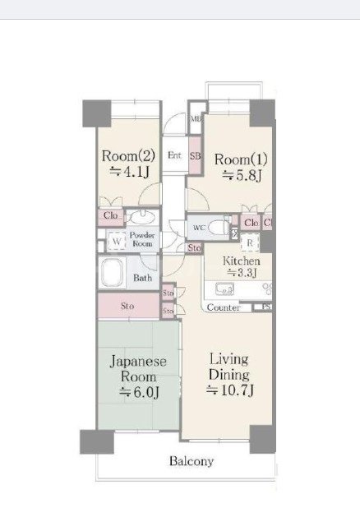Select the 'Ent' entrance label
pyautogui.click(x=174, y=155)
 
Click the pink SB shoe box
pyautogui.click(x=196, y=156)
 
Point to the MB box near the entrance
pyautogui.click(x=196, y=119)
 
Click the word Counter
pyautogui.click(x=223, y=308)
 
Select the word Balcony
pyautogui.click(x=192, y=461)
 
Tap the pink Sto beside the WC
pyautogui.click(x=195, y=247)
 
